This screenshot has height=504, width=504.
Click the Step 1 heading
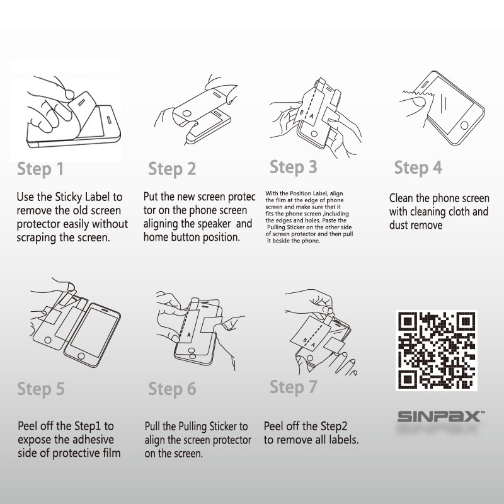pos(40,169)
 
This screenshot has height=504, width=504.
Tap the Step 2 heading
pos(172,169)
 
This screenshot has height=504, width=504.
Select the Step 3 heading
pos(294,168)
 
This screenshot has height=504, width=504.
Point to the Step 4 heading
pos(418,168)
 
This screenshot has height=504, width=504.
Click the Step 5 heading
pos(41,389)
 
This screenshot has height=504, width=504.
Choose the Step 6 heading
pos(172,389)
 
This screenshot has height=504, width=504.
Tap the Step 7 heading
pos(294,387)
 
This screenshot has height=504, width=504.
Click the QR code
pos(436,351)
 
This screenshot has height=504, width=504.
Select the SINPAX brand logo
pos(441,416)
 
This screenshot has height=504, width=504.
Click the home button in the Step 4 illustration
pos(464,125)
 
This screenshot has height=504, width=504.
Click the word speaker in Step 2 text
pos(212,224)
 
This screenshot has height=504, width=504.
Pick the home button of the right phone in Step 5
pos(81,356)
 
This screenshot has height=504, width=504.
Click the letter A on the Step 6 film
pos(188,335)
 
